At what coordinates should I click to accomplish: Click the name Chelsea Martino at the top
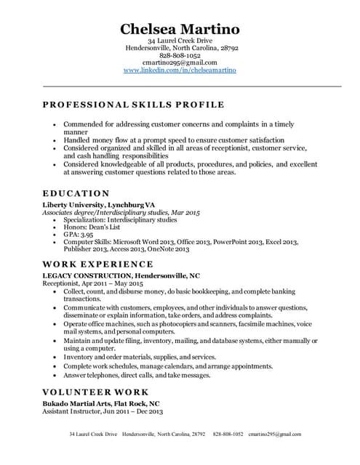coord(180,28)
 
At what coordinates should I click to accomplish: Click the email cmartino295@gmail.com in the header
coord(180,62)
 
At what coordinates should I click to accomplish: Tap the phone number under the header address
coord(180,55)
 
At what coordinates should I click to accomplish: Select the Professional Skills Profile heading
coord(134,105)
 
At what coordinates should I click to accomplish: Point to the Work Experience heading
coord(98,264)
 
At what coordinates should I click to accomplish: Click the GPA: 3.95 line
coord(79,235)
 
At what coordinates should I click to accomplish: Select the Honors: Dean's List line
coord(90,227)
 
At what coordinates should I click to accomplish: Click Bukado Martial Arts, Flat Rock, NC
coord(101,403)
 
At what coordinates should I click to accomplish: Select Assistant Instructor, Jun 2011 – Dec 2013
coord(103,411)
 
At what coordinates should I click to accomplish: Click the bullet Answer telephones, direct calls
coord(137,376)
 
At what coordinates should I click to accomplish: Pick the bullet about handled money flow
coord(174,139)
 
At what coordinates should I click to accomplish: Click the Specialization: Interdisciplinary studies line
coord(120,219)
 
